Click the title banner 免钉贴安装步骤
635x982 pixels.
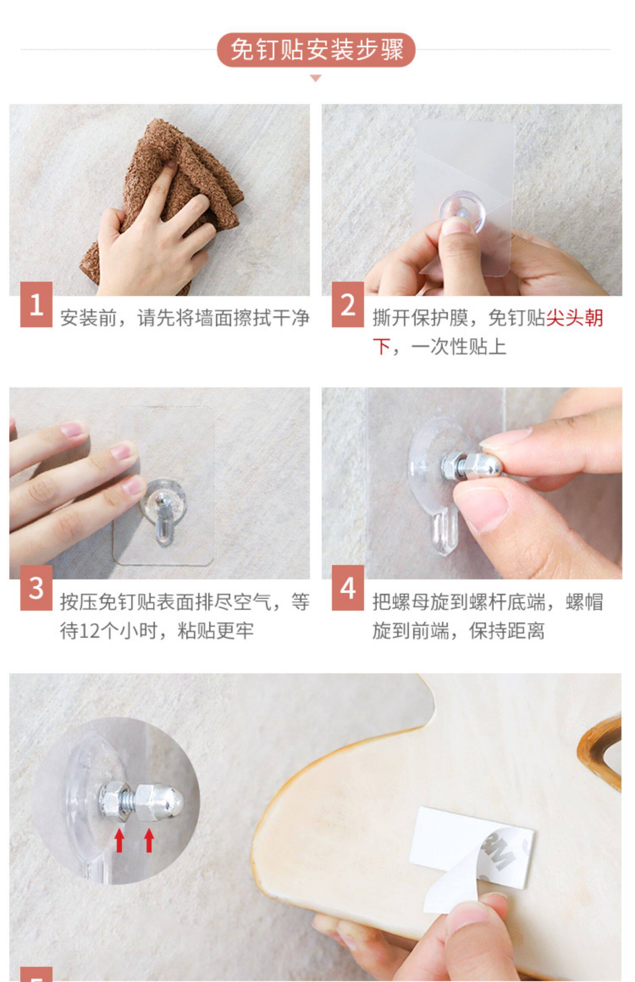click(x=316, y=50)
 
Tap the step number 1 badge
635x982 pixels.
click(x=36, y=304)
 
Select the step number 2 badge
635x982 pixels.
click(x=348, y=304)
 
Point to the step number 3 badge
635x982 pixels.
click(x=36, y=588)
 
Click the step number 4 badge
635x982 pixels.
click(x=348, y=588)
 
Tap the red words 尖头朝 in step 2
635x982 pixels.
click(x=574, y=318)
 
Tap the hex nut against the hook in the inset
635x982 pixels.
click(x=112, y=801)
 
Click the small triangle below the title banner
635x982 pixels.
click(x=316, y=78)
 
